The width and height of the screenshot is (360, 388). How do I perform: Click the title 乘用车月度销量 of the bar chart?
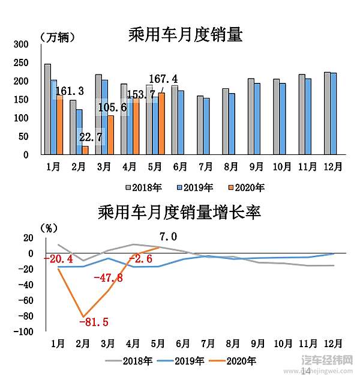point(185,34)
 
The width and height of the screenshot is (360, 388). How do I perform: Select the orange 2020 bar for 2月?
point(85,150)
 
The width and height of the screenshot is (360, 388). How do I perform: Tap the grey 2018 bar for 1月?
point(47,109)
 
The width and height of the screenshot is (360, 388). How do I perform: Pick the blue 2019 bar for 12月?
point(334,114)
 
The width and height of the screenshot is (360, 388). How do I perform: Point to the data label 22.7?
point(90,138)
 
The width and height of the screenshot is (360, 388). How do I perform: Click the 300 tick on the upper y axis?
point(21,44)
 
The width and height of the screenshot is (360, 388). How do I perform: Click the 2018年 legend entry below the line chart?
point(137,361)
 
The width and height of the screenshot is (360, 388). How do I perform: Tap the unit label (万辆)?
point(58,37)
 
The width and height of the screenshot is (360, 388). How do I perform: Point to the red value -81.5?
point(93,322)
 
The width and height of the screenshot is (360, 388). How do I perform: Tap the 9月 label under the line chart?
point(259,344)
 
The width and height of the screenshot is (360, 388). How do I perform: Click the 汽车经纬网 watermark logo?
point(326,361)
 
